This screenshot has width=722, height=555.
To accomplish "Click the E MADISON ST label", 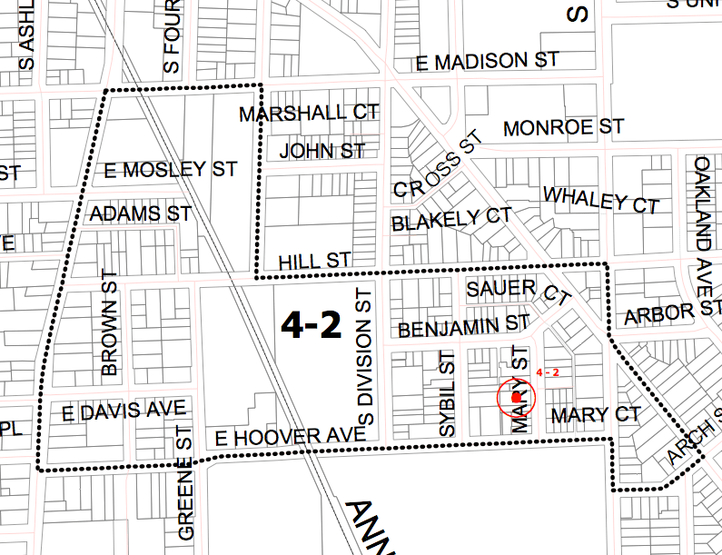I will click(x=486, y=62).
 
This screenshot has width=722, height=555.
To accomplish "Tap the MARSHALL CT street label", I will click(x=308, y=114).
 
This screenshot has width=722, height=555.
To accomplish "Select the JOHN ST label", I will click(x=322, y=150).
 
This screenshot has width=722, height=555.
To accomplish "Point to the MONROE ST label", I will click(x=563, y=127).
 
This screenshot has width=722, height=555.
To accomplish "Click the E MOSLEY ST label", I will click(x=171, y=170).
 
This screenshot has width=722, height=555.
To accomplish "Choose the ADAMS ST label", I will click(x=141, y=214).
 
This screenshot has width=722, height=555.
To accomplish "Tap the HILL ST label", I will click(x=314, y=261).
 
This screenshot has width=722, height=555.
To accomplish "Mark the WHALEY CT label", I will click(x=600, y=199).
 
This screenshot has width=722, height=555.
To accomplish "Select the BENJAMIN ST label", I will click(x=463, y=325).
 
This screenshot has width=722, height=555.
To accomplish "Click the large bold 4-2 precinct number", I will click(x=311, y=324).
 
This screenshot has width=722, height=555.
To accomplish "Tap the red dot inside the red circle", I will click(x=516, y=397).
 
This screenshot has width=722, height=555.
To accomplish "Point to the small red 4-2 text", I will click(x=548, y=372).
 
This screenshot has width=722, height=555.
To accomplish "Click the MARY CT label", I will click(x=596, y=415).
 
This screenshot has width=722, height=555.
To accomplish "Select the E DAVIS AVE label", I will click(x=124, y=411).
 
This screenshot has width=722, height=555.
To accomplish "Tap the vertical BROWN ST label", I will click(x=111, y=322).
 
